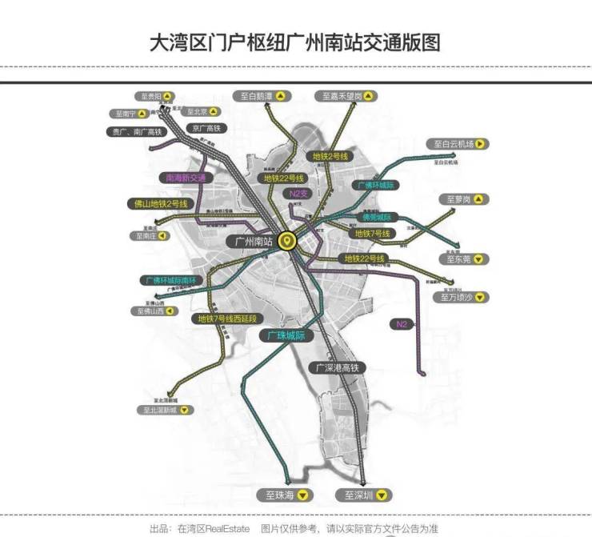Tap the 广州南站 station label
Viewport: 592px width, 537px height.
[250, 240]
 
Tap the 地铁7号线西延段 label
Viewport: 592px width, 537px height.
[227, 319]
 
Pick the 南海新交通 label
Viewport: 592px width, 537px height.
[186, 178]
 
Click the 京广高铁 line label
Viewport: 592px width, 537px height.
[205, 128]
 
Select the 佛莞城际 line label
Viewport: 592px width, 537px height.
[376, 217]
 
